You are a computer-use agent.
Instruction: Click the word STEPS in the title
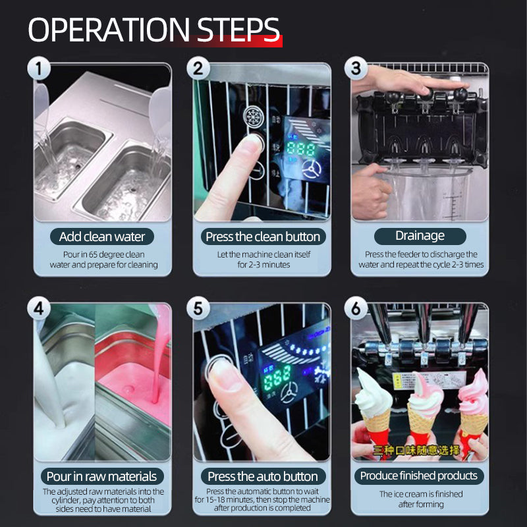click(x=238, y=30)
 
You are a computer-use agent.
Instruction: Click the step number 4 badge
click(x=38, y=308)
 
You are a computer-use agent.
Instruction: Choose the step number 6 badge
click(x=356, y=308)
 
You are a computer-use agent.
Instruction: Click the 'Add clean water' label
click(x=102, y=236)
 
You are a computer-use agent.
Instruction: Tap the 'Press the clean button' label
click(x=262, y=236)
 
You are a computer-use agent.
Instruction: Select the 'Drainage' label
click(x=420, y=236)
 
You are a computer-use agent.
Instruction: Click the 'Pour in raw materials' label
click(x=102, y=476)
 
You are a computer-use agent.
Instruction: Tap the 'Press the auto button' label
click(x=262, y=476)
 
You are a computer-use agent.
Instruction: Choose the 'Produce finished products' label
click(x=420, y=476)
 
